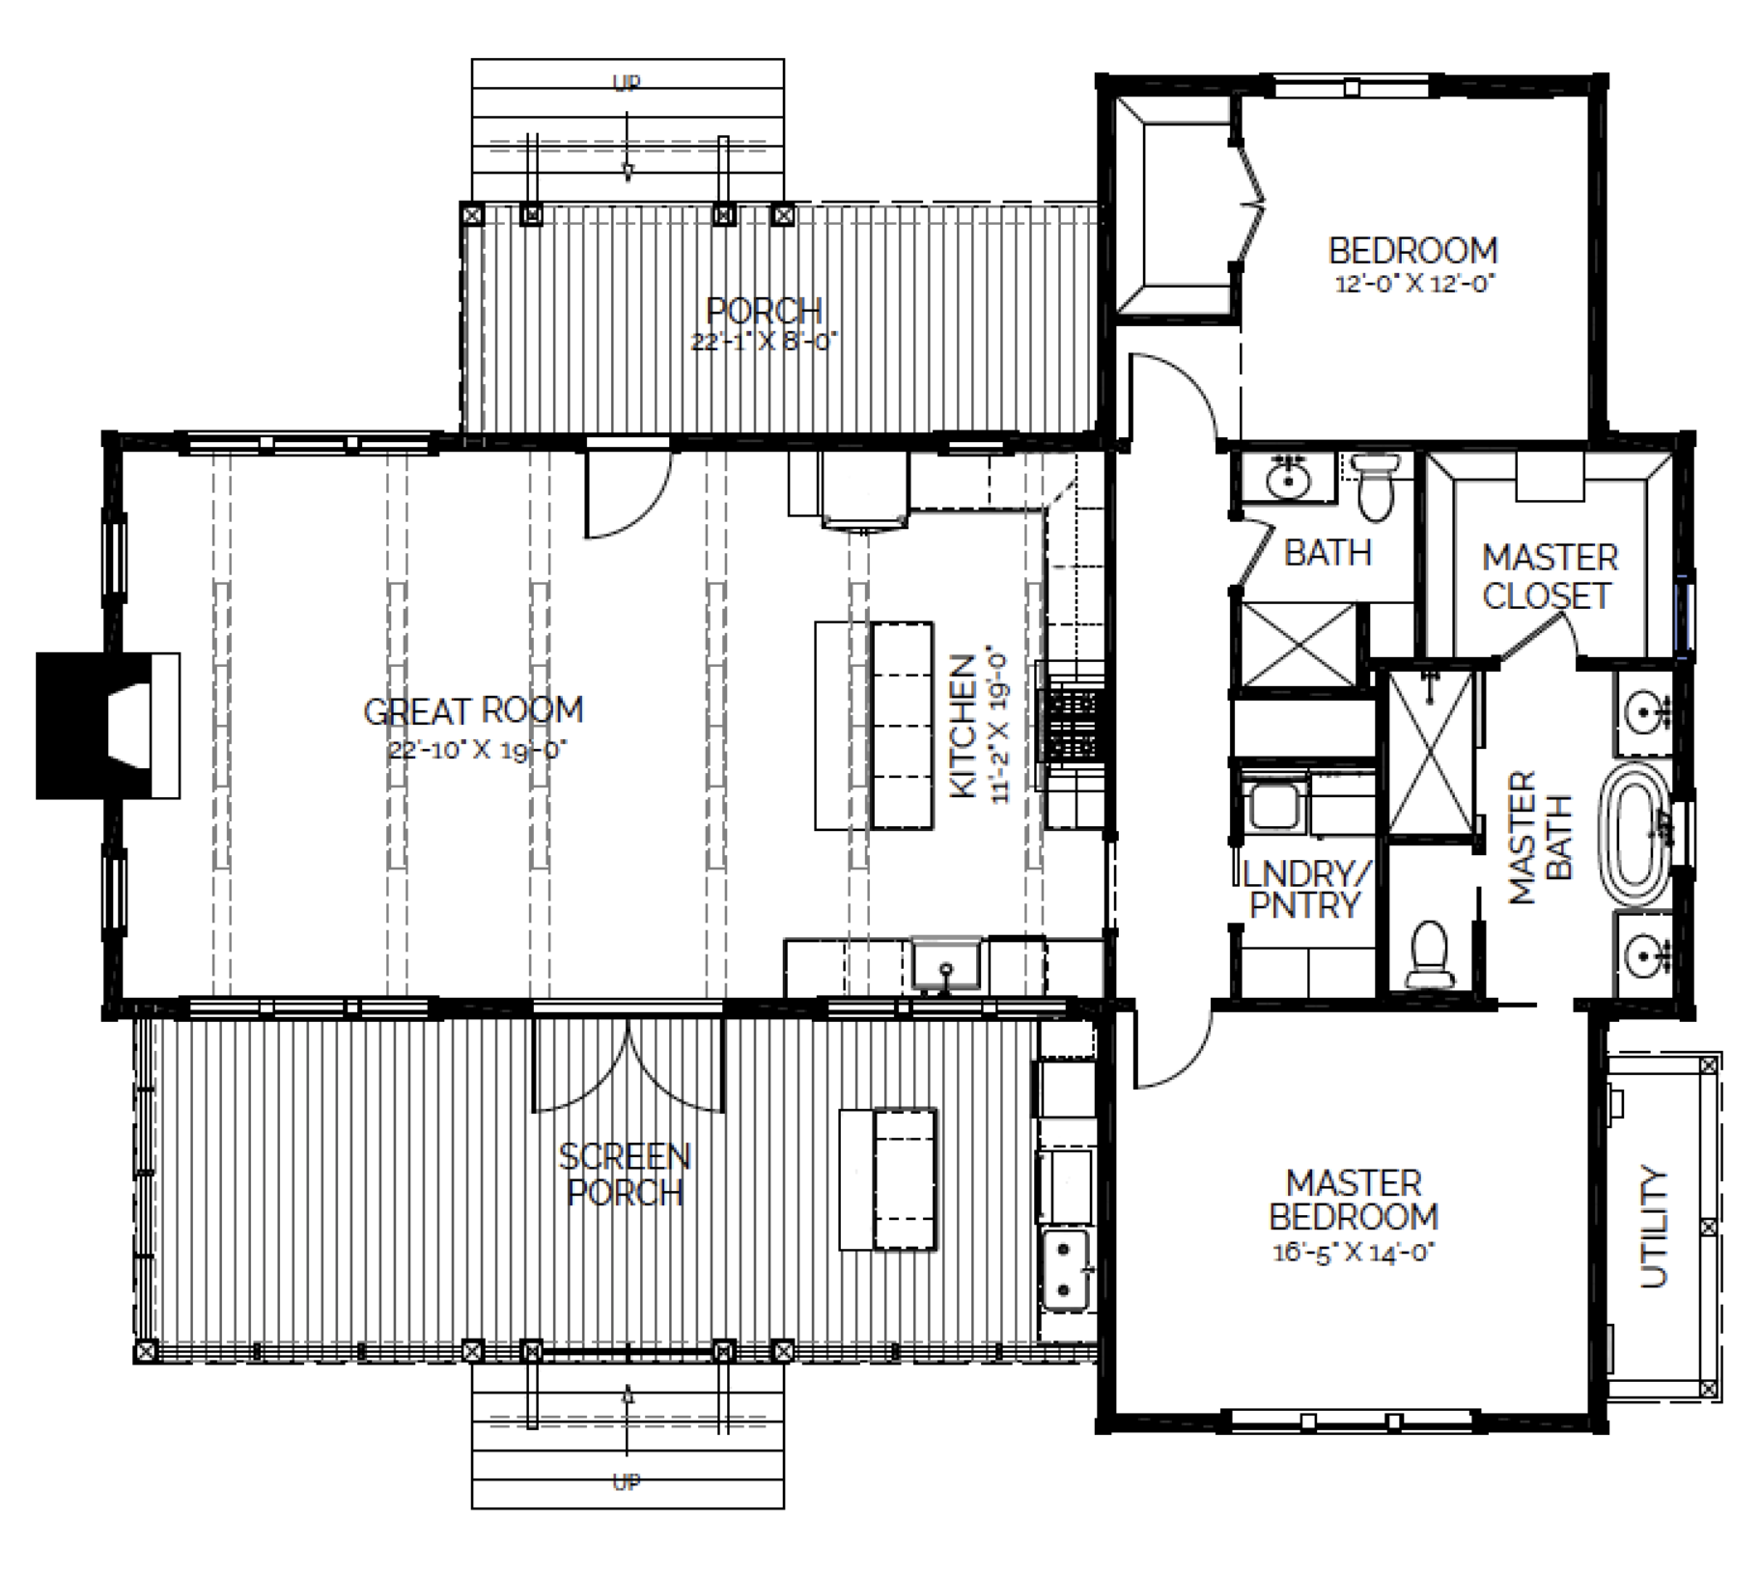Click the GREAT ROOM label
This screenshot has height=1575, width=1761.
click(473, 711)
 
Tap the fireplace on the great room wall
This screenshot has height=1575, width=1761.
click(108, 726)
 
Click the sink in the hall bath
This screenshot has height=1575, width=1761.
click(1287, 477)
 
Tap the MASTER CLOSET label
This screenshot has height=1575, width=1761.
click(1550, 576)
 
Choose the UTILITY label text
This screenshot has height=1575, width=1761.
click(1654, 1228)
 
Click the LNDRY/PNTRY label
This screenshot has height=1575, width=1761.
click(1304, 889)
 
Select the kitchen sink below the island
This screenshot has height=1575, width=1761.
click(946, 964)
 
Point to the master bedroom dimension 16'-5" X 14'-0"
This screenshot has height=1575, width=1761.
click(1354, 1254)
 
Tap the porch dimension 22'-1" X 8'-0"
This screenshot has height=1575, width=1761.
click(764, 342)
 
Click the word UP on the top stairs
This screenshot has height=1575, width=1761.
click(627, 84)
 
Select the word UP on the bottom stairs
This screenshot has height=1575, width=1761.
click(627, 1481)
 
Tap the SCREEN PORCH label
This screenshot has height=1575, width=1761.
click(625, 1174)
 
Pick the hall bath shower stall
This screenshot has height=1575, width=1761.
click(1298, 645)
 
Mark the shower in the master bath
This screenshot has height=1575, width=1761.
click(1431, 754)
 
